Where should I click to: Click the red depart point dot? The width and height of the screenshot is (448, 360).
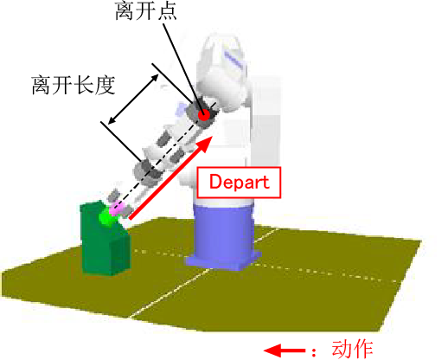click(204, 115)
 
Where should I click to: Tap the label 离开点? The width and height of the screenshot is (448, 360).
click(146, 11)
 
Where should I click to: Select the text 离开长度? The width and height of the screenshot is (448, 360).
click(74, 85)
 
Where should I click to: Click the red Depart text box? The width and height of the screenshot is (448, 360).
click(239, 183)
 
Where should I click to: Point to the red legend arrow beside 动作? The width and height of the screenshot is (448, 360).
click(285, 350)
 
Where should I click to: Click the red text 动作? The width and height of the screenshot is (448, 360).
click(352, 349)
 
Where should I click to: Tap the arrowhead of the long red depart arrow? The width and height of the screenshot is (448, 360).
click(205, 144)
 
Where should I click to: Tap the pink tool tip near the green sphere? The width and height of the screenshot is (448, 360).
click(116, 209)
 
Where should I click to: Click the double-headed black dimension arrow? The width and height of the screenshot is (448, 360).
click(133, 100)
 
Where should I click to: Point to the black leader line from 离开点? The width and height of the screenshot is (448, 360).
click(183, 67)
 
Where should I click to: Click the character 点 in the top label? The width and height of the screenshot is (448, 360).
click(167, 11)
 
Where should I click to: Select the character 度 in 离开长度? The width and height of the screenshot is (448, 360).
click(106, 85)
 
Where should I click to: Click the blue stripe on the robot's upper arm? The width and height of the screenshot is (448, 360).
click(234, 59)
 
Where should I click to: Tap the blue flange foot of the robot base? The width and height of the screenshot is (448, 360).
click(223, 261)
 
